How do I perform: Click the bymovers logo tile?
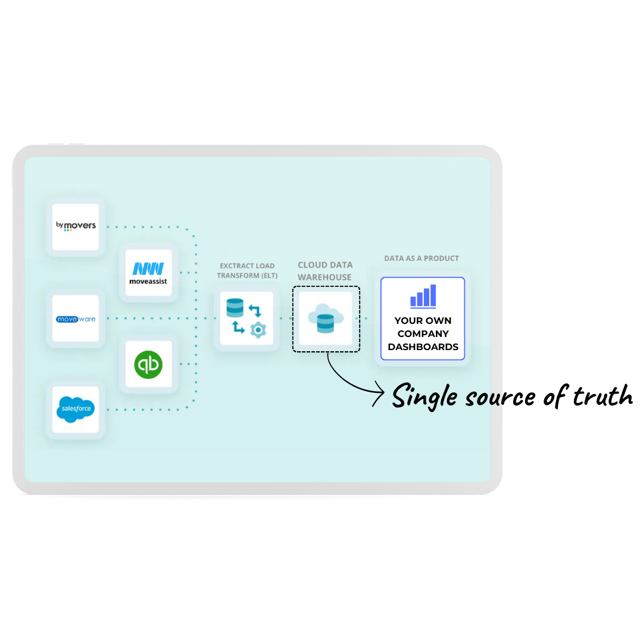click(76, 227)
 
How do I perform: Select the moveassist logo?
click(148, 273)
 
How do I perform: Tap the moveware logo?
click(76, 319)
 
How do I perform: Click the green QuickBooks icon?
click(148, 364)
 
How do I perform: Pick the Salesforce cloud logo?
click(76, 409)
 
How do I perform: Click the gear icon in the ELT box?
click(258, 330)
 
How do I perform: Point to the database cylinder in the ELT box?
click(235, 308)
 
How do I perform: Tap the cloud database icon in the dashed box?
click(326, 319)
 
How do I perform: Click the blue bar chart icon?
click(423, 296)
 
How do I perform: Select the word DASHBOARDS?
click(423, 347)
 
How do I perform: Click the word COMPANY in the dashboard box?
click(423, 334)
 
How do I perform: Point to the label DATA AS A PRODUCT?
click(422, 258)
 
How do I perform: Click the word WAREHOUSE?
click(324, 277)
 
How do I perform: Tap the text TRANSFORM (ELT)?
click(247, 276)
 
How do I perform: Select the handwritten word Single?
click(424, 397)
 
